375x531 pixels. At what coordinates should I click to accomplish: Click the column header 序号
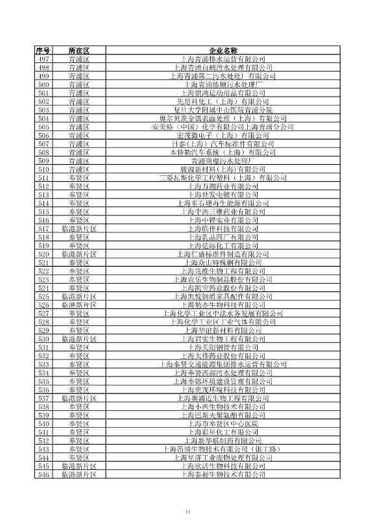(44, 51)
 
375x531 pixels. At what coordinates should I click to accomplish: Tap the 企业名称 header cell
(223, 51)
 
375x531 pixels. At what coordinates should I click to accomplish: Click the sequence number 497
(44, 59)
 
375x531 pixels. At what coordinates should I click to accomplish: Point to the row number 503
(44, 110)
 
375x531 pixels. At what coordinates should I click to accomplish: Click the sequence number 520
(44, 254)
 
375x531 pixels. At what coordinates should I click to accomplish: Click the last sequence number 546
(44, 492)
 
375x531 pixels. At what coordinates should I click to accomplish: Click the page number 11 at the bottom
(187, 513)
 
